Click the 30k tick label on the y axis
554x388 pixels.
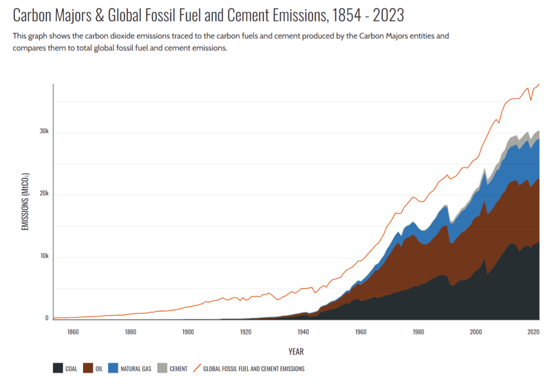pos(44,131)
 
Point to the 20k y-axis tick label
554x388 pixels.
pos(44,194)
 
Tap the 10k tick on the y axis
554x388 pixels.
pos(44,256)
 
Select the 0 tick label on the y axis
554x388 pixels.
pos(47,319)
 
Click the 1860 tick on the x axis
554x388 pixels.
pos(73,332)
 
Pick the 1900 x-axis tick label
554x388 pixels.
pos(188,332)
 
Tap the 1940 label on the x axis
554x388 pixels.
pos(303,332)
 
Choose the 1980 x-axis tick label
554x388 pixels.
pos(418,332)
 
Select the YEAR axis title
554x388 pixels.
pos(296,352)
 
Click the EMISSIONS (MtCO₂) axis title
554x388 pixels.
pos(25,202)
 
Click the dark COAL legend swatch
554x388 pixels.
pos(58,368)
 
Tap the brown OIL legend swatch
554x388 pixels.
pos(88,368)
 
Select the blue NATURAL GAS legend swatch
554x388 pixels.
pos(113,368)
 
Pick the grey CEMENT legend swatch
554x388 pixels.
pos(162,368)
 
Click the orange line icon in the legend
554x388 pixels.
pos(198,368)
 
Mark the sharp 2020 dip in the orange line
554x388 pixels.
pos(531,100)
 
